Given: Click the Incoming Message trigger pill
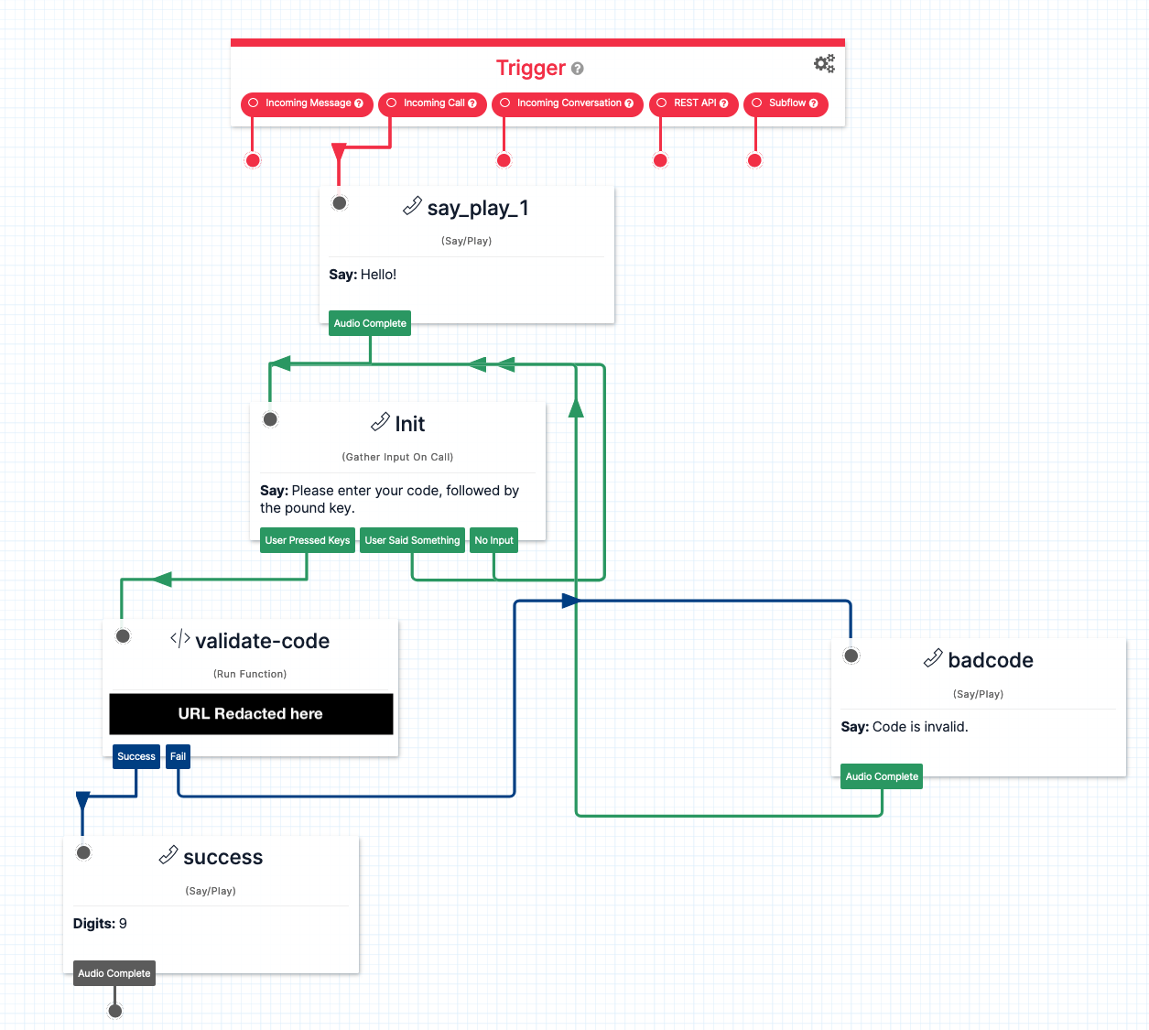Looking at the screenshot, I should [x=307, y=103].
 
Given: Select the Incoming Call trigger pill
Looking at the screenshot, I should [x=432, y=103].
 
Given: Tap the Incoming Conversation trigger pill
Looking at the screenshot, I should [x=568, y=103].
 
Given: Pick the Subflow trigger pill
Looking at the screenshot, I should [x=786, y=103].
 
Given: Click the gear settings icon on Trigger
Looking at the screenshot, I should [x=824, y=63].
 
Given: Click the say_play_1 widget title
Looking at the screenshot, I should [x=477, y=209].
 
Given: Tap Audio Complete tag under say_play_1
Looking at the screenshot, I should [x=370, y=323].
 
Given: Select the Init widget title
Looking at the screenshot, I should [x=409, y=424].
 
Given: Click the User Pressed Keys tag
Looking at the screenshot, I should [x=307, y=540].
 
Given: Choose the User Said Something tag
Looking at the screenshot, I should [x=412, y=540].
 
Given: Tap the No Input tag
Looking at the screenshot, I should [x=493, y=540].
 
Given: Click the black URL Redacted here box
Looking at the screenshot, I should [x=251, y=714].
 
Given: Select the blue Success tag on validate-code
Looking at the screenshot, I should [x=136, y=756].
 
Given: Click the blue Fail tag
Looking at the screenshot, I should [x=178, y=756].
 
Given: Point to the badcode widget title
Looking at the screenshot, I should [x=990, y=660].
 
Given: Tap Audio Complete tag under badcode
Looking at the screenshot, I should [x=882, y=776].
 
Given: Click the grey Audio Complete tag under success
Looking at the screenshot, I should [x=114, y=973].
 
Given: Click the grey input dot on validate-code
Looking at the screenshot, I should [x=124, y=636].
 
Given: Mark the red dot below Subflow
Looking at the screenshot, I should [x=754, y=161].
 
